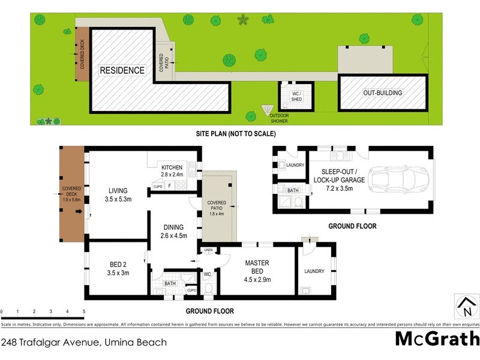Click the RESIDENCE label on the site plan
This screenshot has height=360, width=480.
122,70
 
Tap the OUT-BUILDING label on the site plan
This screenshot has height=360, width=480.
382,93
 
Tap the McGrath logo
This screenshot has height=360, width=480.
436,338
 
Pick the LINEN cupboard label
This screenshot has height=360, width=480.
208,250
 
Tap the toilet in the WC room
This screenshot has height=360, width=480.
208,289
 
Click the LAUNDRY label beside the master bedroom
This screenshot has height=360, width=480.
314,271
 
